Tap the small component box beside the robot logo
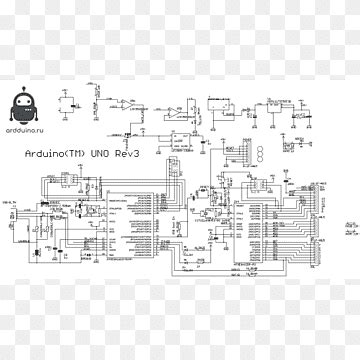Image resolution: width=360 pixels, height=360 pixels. tap(71, 103)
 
